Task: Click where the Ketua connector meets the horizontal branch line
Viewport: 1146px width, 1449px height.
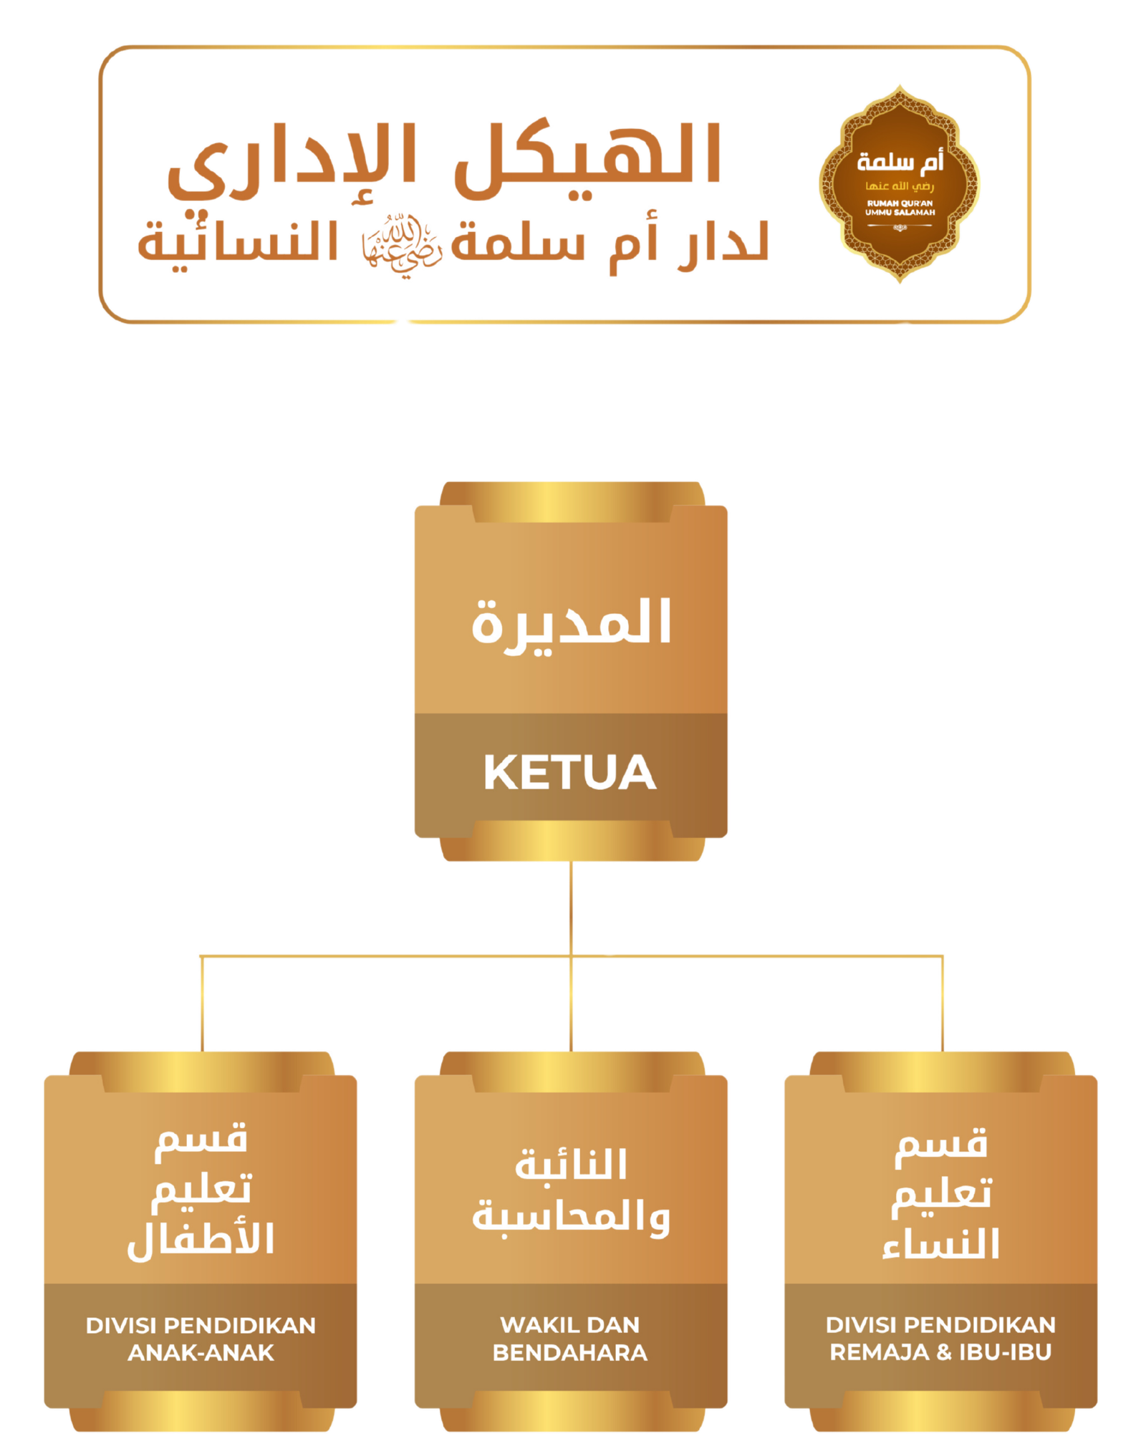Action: coord(571,955)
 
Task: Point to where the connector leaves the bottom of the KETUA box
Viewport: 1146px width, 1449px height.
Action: coord(571,862)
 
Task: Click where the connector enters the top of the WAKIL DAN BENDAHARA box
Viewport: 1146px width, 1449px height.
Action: coord(571,1051)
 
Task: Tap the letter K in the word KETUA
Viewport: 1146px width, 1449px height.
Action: coord(500,773)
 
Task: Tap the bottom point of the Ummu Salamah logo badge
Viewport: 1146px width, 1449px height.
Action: coord(900,282)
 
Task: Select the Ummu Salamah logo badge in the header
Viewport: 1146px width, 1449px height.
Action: coord(900,184)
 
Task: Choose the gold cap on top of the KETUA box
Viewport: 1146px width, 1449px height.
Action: coord(572,501)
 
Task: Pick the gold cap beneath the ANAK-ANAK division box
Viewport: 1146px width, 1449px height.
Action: coord(201,1411)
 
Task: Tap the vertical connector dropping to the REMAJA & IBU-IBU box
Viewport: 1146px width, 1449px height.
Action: coord(942,1003)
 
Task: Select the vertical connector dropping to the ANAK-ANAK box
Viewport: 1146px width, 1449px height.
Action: coord(202,1003)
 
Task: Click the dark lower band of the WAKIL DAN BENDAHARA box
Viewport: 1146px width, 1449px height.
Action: coord(571,1346)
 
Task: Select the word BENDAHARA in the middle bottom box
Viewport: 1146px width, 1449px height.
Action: coord(570,1352)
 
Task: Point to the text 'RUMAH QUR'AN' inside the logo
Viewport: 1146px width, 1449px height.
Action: coord(900,203)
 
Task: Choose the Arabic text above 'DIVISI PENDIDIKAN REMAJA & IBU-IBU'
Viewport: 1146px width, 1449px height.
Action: coord(941,1195)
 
